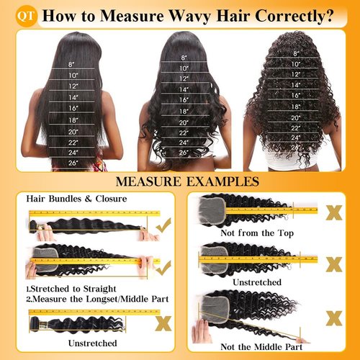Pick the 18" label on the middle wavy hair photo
tap(184, 112)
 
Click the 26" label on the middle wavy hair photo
tap(184, 152)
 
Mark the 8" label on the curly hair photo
tap(297, 53)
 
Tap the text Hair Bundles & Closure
tap(76, 198)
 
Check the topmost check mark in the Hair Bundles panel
tap(164, 226)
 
